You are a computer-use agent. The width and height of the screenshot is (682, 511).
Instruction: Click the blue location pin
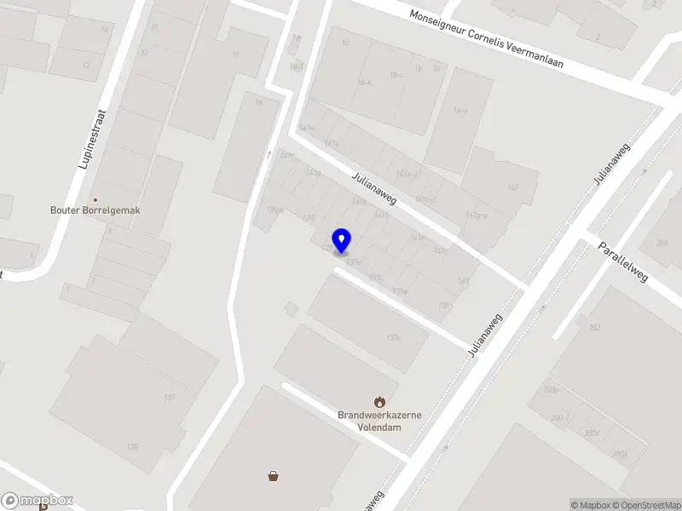[342, 240]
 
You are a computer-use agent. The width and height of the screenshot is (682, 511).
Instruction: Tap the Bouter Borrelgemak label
[95, 210]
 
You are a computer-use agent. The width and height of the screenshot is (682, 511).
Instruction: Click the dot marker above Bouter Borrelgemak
[95, 198]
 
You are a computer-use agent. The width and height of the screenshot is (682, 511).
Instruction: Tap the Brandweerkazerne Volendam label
[380, 421]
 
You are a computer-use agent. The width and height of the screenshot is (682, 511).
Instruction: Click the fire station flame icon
[380, 400]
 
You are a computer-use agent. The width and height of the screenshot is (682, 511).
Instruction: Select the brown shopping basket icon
[274, 476]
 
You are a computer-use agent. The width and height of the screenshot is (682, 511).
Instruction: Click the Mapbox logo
[38, 501]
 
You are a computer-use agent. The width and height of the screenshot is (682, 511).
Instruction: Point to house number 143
[512, 187]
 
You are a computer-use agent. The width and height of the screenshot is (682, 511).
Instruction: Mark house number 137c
[393, 338]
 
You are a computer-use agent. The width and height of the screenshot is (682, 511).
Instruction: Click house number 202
[594, 328]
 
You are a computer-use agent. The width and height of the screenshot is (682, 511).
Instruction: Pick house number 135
[132, 446]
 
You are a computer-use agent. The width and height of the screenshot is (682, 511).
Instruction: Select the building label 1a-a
[460, 111]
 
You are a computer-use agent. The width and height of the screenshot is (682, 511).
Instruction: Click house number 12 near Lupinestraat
[86, 65]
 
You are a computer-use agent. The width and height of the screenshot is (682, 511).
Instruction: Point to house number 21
[154, 27]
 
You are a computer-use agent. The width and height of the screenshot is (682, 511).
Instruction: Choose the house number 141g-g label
[477, 215]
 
